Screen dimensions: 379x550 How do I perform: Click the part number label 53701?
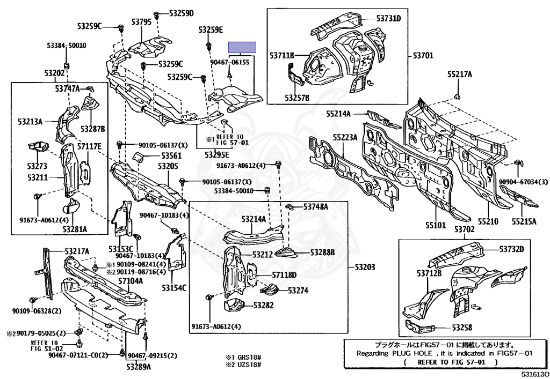coord(424,55)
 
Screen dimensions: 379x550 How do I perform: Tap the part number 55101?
coord(435,226)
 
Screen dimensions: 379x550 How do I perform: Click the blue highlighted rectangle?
coord(242,48)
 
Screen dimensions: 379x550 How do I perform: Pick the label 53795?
coord(142,23)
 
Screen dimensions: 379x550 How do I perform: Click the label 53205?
coord(168,167)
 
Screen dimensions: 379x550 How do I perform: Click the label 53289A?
coord(139,367)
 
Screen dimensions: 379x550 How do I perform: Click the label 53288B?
coord(322,252)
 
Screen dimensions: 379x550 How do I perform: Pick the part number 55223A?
coord(345,137)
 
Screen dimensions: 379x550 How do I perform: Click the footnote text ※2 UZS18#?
coord(243,364)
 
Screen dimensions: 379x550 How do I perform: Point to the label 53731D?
coord(388,19)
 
